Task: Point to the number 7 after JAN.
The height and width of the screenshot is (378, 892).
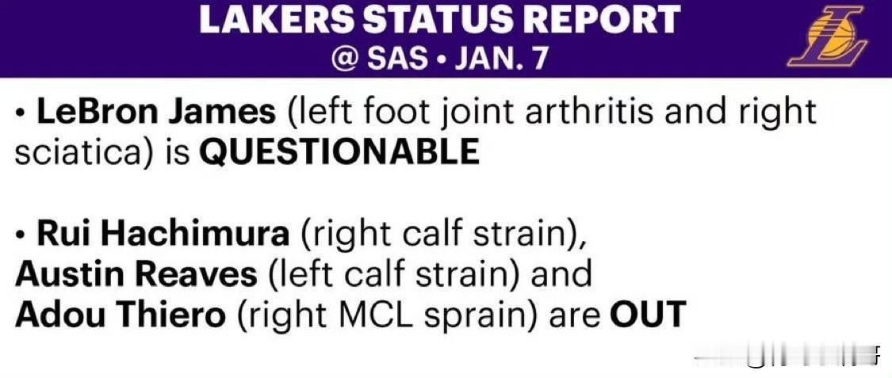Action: [535, 58]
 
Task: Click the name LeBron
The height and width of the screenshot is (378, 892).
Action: [98, 113]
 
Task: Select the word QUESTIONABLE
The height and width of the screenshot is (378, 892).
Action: [339, 151]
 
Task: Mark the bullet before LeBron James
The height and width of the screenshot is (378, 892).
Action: [21, 114]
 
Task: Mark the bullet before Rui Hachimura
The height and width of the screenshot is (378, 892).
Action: [21, 236]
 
